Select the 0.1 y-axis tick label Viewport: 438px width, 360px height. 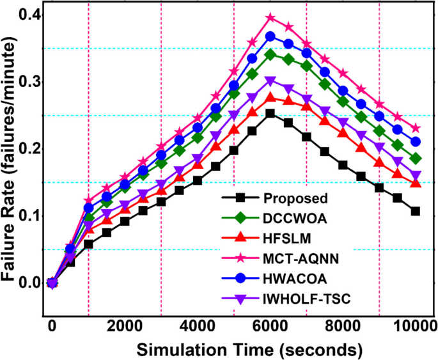31,215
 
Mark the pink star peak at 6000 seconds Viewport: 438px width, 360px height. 270,18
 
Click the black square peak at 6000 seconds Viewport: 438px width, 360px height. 270,113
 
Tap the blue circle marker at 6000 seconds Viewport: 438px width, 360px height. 270,36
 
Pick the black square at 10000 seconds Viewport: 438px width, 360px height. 416,211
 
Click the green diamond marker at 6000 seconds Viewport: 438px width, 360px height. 270,54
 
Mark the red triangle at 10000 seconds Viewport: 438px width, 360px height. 416,184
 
